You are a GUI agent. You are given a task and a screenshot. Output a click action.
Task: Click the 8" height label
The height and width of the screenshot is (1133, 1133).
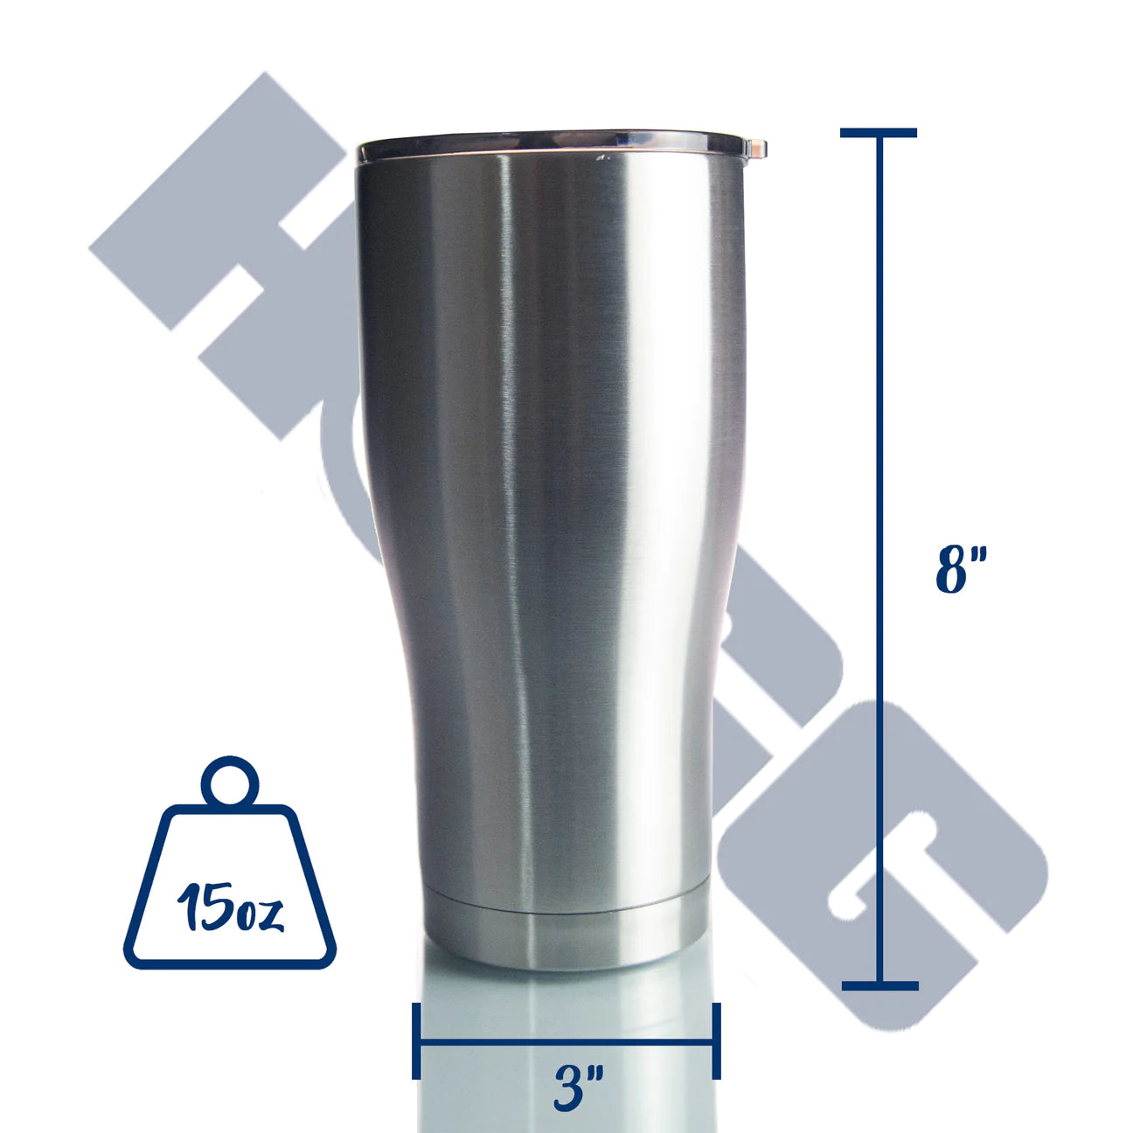click(961, 569)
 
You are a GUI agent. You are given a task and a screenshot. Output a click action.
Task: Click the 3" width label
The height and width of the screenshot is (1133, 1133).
click(578, 1088)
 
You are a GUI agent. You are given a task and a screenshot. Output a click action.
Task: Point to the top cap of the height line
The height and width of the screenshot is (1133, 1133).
click(879, 133)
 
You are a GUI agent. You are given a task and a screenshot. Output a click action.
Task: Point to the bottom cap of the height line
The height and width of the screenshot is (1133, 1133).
click(880, 985)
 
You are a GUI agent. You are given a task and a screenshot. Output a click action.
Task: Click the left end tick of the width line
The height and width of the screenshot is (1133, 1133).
click(417, 1040)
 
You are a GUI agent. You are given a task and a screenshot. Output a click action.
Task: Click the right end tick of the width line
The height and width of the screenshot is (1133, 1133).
click(717, 1040)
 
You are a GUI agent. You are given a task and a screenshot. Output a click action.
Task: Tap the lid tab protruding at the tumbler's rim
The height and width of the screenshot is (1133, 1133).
click(757, 149)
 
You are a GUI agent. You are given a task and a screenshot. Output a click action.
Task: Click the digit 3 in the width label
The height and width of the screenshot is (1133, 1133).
click(570, 1089)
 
